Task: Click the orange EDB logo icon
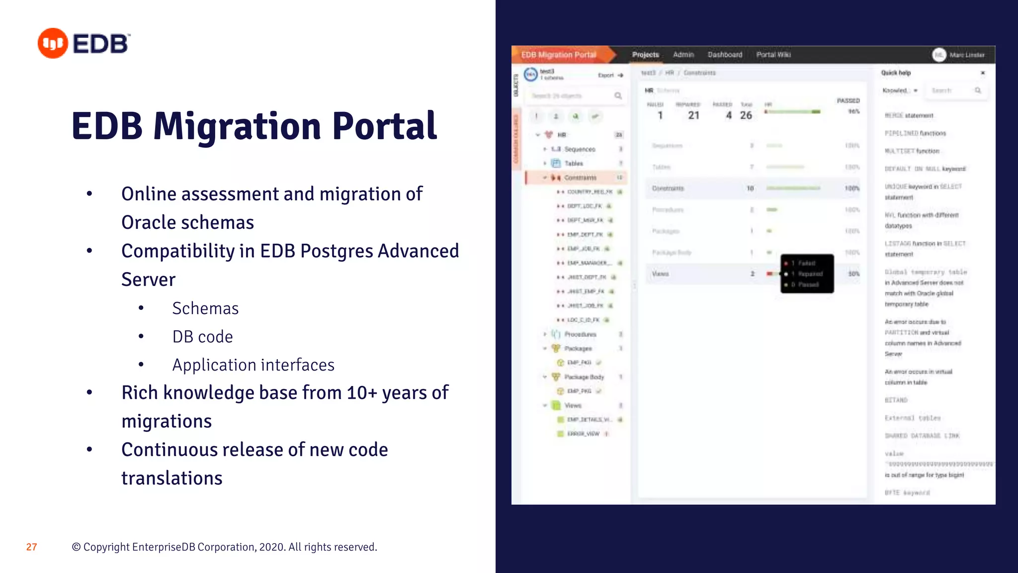[x=53, y=43]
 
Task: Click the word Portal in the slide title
[x=384, y=126]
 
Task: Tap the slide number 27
[x=31, y=547]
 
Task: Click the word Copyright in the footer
[x=106, y=547]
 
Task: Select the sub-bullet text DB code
[x=202, y=337]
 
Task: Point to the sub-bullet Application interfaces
[x=253, y=365]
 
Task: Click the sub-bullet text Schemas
[x=205, y=308]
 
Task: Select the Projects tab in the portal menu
[x=645, y=55]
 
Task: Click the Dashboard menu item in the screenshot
[x=725, y=55]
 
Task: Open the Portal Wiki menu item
[x=773, y=55]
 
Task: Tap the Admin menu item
[x=683, y=55]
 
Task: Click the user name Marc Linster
[x=966, y=55]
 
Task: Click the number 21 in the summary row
[x=693, y=115]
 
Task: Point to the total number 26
[x=746, y=115]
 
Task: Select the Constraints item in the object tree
[x=580, y=178]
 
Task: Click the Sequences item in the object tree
[x=580, y=149]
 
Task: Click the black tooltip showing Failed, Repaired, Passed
[x=807, y=274]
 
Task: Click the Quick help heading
[x=896, y=73]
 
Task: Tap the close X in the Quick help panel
[x=982, y=73]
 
